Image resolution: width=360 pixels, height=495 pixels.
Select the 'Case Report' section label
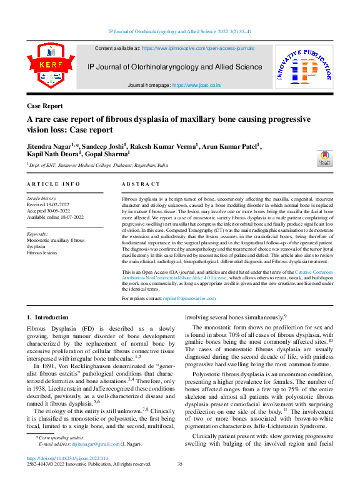[x=44, y=106]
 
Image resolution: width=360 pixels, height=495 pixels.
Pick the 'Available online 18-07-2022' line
[x=55, y=217]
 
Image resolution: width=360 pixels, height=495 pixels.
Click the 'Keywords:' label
[x=37, y=234]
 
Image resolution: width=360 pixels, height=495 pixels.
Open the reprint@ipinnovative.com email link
[x=184, y=299]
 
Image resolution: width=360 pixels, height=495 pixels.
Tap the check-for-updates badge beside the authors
[x=324, y=158]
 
